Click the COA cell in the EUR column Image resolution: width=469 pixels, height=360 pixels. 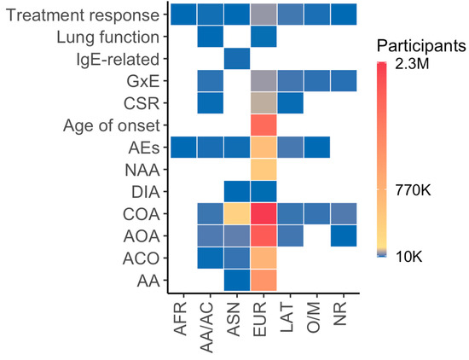(x=263, y=213)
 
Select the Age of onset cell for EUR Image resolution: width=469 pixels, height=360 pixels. (x=263, y=125)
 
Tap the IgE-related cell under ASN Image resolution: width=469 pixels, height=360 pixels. (x=237, y=59)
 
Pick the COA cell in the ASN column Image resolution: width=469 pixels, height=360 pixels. (x=237, y=213)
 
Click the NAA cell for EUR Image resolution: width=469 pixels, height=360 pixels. (x=263, y=170)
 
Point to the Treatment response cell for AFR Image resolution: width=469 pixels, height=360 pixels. (x=183, y=15)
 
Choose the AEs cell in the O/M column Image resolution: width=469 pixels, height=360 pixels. (x=316, y=148)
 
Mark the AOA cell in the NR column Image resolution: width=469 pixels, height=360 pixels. (x=344, y=235)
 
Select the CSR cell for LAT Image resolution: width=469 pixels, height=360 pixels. (x=290, y=103)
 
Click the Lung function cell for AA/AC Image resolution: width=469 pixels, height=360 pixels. (x=211, y=37)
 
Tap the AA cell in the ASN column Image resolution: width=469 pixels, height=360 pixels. (x=237, y=280)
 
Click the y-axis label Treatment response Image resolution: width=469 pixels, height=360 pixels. (x=83, y=15)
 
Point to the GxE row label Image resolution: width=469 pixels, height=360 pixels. (x=143, y=81)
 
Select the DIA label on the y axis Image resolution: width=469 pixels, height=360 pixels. (x=146, y=192)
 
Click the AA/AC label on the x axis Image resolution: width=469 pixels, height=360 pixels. (x=206, y=327)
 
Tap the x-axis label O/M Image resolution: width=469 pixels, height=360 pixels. (x=313, y=316)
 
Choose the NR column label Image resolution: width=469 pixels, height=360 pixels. (x=339, y=313)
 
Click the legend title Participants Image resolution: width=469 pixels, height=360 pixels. (x=421, y=46)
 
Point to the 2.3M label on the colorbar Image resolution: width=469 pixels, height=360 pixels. (x=412, y=64)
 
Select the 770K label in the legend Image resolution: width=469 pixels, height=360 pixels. (x=413, y=189)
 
